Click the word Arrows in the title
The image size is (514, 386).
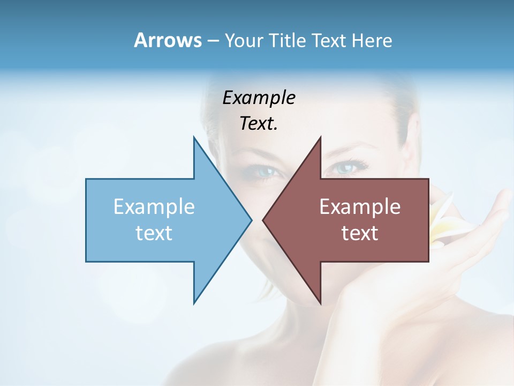(x=168, y=40)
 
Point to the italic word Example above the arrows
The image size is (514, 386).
(x=259, y=98)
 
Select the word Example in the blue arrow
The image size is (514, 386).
(x=154, y=207)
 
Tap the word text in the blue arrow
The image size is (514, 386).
(x=154, y=233)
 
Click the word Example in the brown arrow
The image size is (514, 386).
(x=360, y=207)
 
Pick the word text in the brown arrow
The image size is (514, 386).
(x=360, y=233)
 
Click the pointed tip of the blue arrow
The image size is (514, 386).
(x=251, y=220)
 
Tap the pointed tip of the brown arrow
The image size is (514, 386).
(x=264, y=220)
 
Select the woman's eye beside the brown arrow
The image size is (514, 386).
(x=343, y=168)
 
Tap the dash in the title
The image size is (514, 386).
(x=213, y=41)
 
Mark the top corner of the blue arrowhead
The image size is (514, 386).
(x=194, y=137)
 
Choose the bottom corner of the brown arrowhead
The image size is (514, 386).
(x=320, y=303)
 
